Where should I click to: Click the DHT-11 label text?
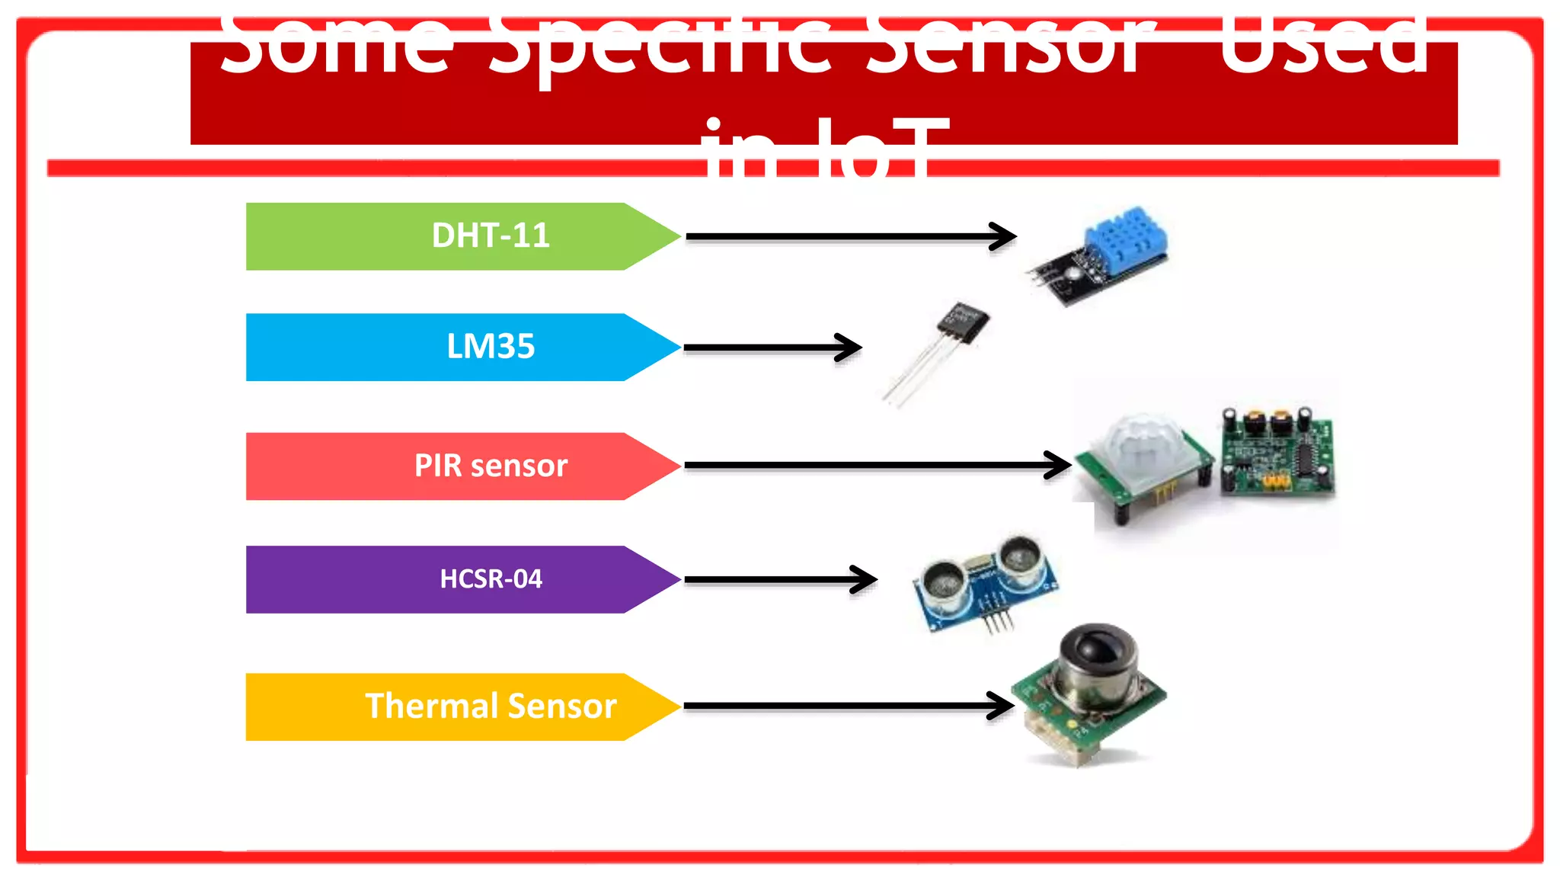pos(491,236)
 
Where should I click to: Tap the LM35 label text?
pos(491,347)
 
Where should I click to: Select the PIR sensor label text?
pos(491,466)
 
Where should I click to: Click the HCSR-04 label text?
pos(491,579)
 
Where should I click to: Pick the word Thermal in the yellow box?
pos(431,707)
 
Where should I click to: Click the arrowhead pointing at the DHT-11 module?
pos(1004,236)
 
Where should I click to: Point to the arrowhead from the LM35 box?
pos(850,348)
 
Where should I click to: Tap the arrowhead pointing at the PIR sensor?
pos(1059,465)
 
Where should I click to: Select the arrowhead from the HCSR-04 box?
pos(865,580)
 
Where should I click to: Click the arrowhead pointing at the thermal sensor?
pos(1001,706)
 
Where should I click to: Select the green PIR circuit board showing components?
pos(1277,455)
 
